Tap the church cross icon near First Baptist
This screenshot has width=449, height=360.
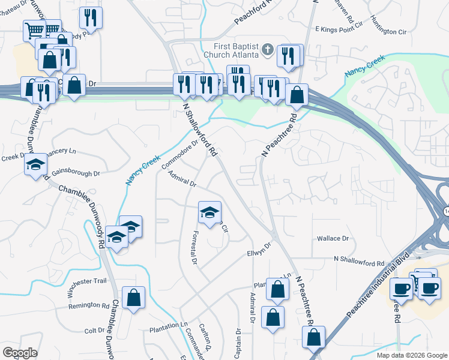click(x=268, y=50)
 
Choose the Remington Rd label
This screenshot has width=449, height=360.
click(x=89, y=305)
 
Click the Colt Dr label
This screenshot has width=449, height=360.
click(x=94, y=331)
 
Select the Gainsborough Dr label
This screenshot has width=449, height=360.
click(x=76, y=173)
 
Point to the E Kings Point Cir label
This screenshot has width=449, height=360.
click(x=340, y=28)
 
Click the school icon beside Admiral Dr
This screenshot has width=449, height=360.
click(x=209, y=212)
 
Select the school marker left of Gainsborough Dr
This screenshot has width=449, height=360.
click(x=36, y=164)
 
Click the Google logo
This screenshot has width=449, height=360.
click(x=20, y=352)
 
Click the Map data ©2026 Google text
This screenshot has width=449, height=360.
click(x=411, y=355)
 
